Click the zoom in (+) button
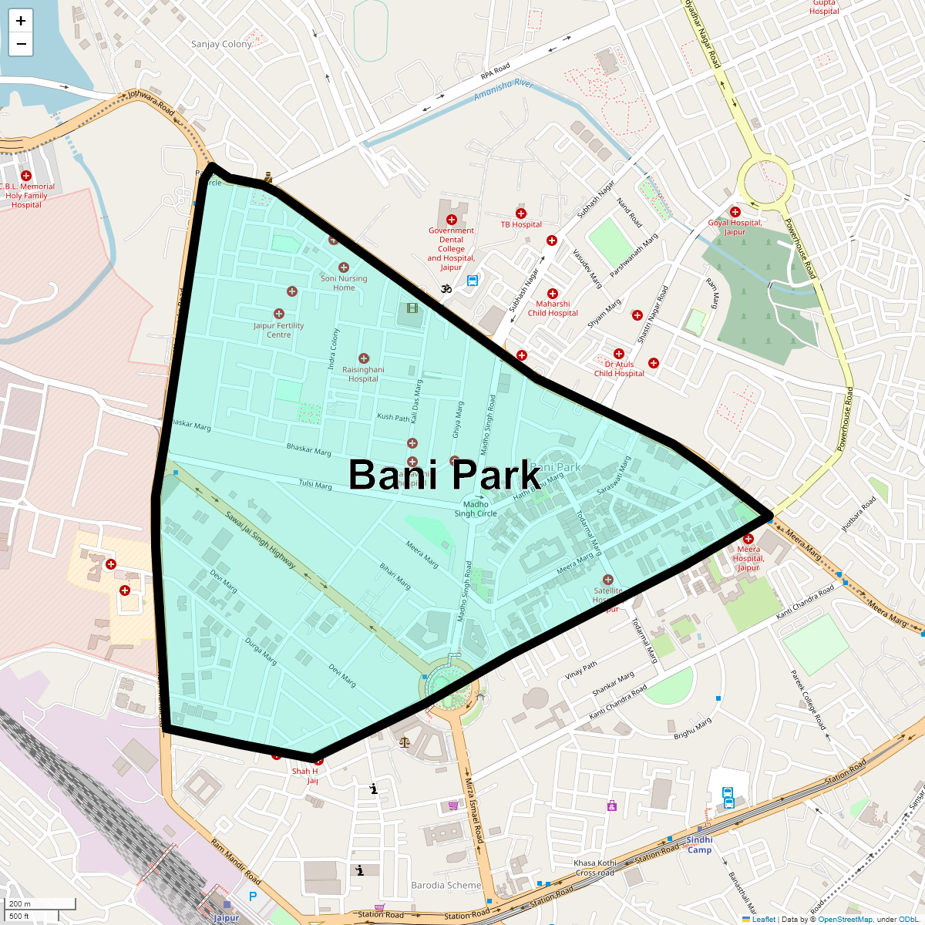point(21,21)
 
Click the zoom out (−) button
point(21,44)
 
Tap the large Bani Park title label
point(445,475)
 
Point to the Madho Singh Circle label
point(476,509)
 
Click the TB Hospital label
point(521,224)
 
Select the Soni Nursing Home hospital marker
point(344,267)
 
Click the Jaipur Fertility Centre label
point(279,330)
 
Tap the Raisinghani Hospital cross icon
point(364,358)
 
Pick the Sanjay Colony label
point(221,44)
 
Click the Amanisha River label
point(503,89)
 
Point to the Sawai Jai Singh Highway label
point(261,540)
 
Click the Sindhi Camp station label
point(699,844)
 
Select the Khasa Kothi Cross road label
point(595,868)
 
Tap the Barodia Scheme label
point(446,885)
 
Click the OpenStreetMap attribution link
point(845,919)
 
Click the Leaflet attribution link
point(763,919)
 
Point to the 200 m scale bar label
point(21,903)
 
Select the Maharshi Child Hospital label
point(553,308)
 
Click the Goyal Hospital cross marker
point(735,212)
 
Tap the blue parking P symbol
point(253,896)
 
